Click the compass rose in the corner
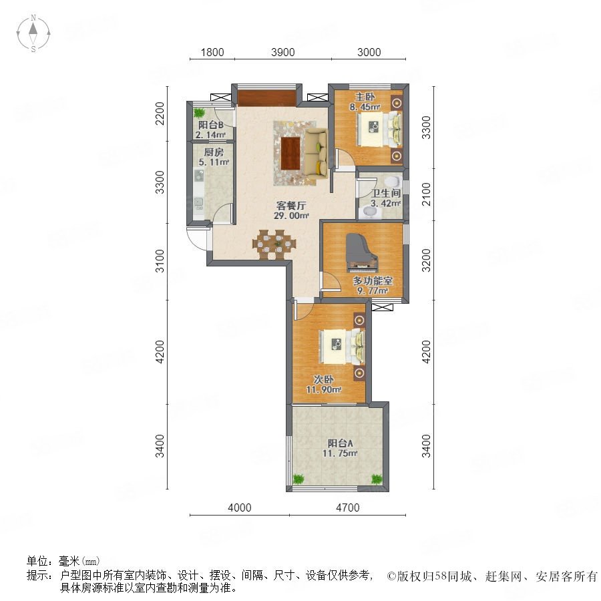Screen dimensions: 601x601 point(33,33)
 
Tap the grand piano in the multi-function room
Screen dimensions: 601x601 point(361,253)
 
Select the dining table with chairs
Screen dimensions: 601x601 point(274,244)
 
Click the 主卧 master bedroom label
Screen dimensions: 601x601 point(365,97)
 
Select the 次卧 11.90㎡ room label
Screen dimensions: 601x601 point(323,385)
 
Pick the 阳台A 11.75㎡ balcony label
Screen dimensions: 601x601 point(340,449)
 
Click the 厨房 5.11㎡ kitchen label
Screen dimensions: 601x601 point(214,157)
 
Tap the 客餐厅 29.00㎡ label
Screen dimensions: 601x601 point(291,210)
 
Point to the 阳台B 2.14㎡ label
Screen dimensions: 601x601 point(210,130)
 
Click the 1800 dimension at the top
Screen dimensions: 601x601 point(212,52)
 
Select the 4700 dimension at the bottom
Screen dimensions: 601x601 point(348,508)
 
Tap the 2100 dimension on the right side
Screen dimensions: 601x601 point(426,194)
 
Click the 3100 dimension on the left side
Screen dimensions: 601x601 point(160,261)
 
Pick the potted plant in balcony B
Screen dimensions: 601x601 point(199,113)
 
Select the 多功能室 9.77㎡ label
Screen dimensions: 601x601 point(373,286)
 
